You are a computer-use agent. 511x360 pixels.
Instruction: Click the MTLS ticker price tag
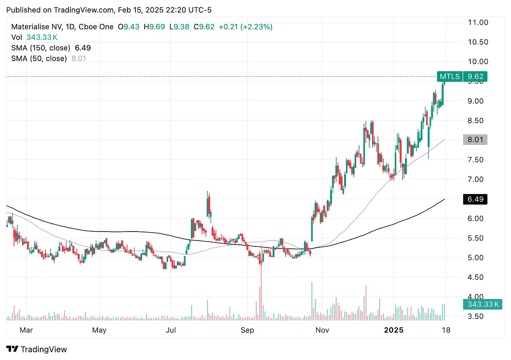coord(462,76)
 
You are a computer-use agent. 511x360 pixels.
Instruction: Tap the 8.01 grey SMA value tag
coord(475,140)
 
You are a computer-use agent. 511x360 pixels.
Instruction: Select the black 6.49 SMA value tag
coord(475,199)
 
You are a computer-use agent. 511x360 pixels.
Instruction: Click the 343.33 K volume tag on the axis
coord(483,304)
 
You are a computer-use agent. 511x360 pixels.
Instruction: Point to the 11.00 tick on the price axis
coord(478,22)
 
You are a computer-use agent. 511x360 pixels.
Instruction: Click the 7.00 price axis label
coord(476,179)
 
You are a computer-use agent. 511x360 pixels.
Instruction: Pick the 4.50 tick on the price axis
coord(476,277)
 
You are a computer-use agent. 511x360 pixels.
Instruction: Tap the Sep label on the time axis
coord(247,330)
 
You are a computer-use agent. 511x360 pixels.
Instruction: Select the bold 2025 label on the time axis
coord(394,330)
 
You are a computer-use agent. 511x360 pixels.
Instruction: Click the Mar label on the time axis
coord(26,330)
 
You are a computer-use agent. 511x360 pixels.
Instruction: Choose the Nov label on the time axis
coord(322,330)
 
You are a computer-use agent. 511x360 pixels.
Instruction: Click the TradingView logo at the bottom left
coord(36,349)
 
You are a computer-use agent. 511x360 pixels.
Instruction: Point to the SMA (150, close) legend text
coord(40,48)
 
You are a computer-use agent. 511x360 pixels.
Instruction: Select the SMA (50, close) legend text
coord(39,59)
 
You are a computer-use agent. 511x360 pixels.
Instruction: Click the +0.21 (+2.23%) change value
coord(245,27)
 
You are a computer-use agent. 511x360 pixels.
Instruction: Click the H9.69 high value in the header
coord(154,27)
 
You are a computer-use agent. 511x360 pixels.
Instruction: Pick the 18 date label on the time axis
coord(446,330)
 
